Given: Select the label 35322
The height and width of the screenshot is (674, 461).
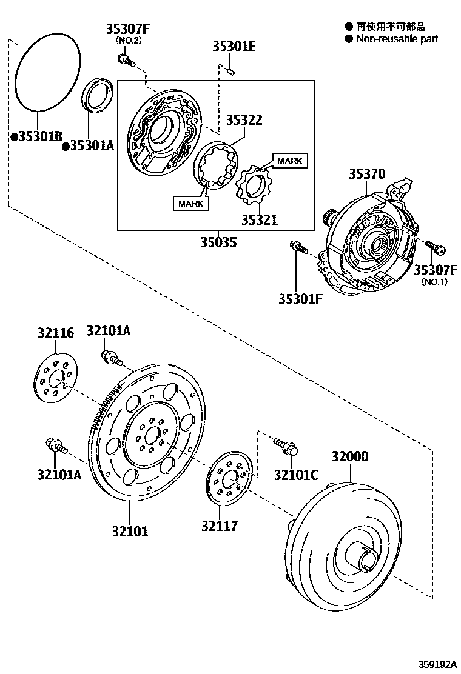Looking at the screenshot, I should [x=244, y=119].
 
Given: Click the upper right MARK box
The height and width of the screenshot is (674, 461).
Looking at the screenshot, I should [x=289, y=161].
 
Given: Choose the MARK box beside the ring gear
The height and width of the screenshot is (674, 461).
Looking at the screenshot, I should [x=190, y=204].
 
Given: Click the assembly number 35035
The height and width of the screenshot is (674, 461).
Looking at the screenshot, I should [x=219, y=242].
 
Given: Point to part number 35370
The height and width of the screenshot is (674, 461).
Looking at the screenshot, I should [x=366, y=174].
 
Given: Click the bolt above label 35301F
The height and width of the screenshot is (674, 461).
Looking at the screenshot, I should [x=298, y=247].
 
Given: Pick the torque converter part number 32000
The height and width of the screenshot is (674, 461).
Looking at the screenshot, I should [x=349, y=456].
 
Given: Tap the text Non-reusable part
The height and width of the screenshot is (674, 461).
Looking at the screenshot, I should [x=397, y=39].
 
